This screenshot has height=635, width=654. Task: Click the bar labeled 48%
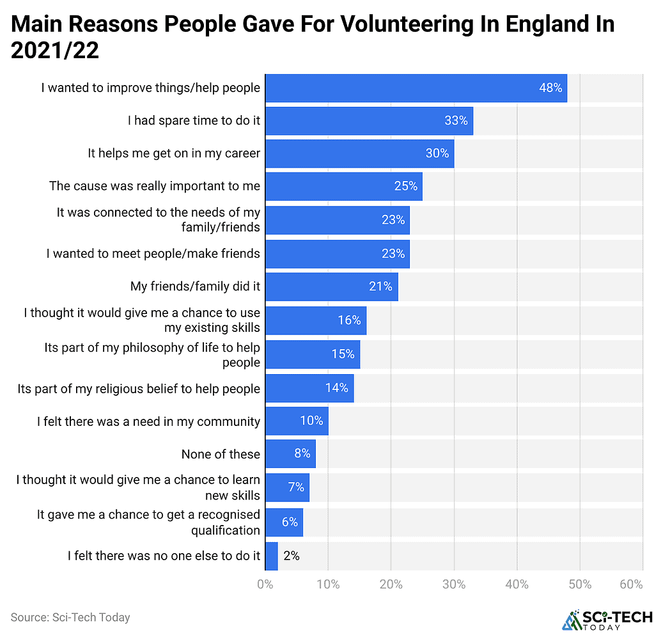coord(416,88)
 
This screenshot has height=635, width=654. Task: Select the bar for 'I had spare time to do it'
coord(369,121)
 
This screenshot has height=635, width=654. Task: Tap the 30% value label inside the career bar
coord(437,153)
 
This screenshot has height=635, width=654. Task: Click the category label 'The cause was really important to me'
coord(155,186)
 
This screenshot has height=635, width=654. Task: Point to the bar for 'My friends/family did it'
coord(331,286)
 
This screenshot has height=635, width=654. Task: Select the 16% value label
coord(349,320)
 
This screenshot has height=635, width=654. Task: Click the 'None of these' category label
coord(221,454)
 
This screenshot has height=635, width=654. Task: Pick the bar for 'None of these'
coord(290,453)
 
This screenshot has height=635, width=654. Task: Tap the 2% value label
coord(292,556)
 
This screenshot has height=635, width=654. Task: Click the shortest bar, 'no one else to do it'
coord(272,555)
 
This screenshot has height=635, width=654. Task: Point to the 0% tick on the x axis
coord(265,584)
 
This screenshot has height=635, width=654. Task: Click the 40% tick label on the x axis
coord(517,584)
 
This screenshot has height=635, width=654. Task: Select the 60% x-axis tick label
coord(631,584)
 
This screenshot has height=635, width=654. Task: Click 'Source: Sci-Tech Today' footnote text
coord(70,617)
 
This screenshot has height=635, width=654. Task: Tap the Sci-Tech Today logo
coord(607,619)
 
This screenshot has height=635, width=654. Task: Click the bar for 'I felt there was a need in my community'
coord(297,421)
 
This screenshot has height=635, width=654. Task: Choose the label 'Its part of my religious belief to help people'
coord(139,389)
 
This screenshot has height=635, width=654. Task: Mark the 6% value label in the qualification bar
coord(290,522)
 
